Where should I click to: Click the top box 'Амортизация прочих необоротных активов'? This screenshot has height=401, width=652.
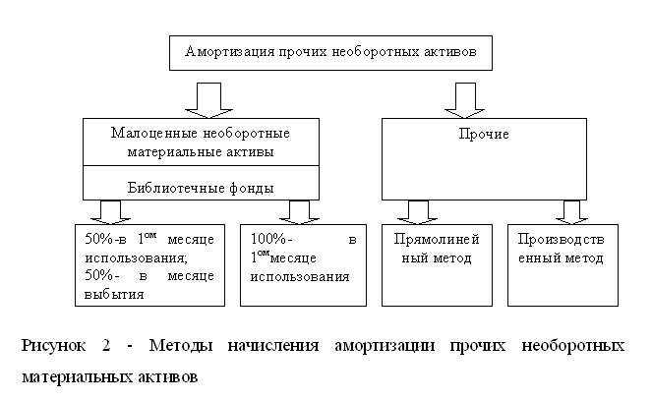[x=329, y=53]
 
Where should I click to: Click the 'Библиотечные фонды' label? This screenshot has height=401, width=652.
[x=201, y=187]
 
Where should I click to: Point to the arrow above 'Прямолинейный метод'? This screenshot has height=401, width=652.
[x=418, y=211]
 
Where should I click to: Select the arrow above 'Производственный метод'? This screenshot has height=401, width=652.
[x=571, y=211]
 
